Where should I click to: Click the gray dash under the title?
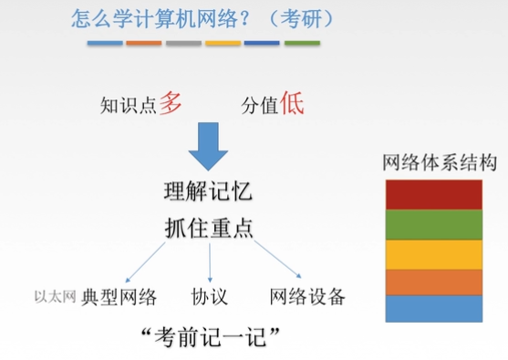pyautogui.click(x=183, y=43)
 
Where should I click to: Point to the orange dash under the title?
pyautogui.click(x=143, y=43)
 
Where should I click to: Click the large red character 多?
pyautogui.click(x=171, y=102)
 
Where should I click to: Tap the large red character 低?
pyautogui.click(x=291, y=102)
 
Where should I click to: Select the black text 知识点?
pyautogui.click(x=128, y=106)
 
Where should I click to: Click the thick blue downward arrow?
pyautogui.click(x=210, y=147)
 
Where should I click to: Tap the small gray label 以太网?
pyautogui.click(x=54, y=296)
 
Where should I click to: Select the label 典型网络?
pyautogui.click(x=119, y=296)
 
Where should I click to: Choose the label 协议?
pyautogui.click(x=209, y=296)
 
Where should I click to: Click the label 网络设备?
pyautogui.click(x=307, y=296)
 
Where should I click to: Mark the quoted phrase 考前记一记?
pyautogui.click(x=209, y=336)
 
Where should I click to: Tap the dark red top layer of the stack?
pyautogui.click(x=433, y=195)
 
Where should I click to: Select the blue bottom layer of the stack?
pyautogui.click(x=433, y=308)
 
